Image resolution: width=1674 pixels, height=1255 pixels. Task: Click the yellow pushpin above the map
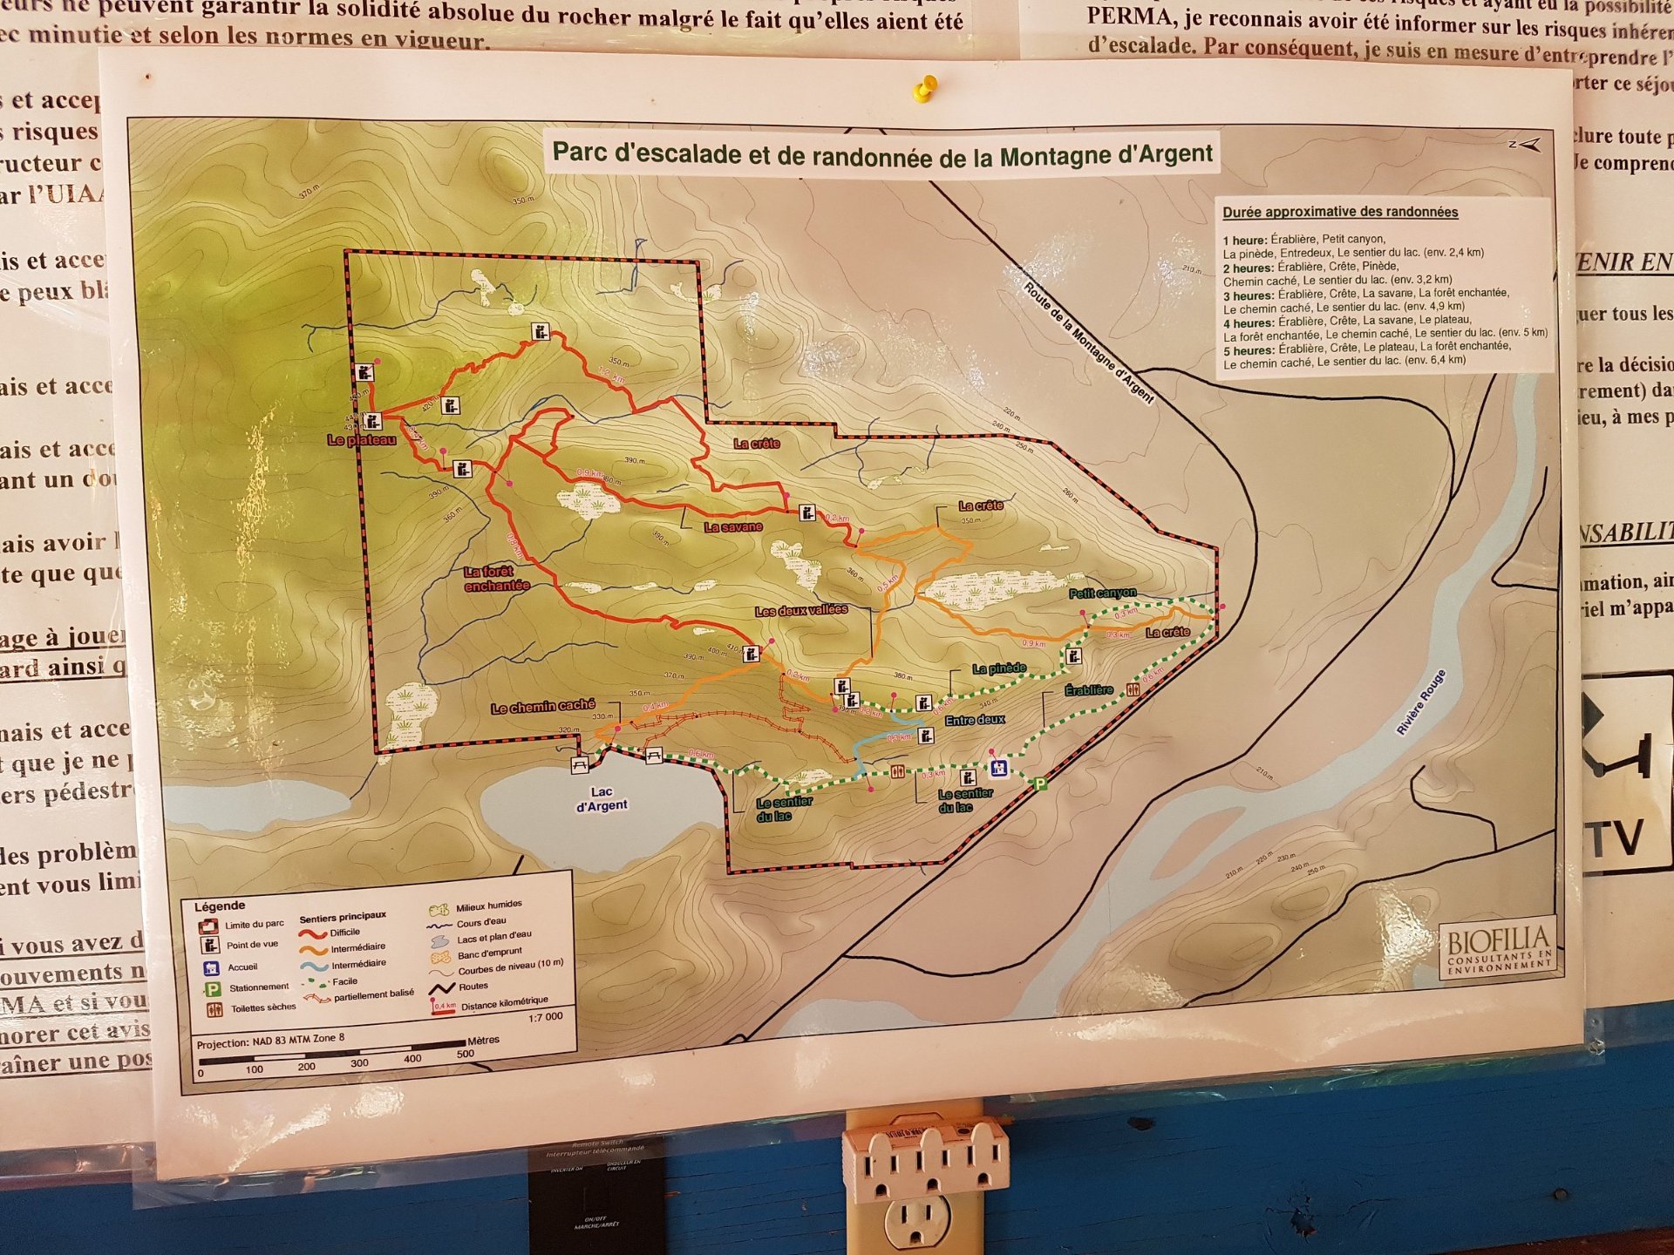pyautogui.click(x=925, y=88)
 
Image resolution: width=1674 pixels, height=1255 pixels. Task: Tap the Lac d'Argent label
pyautogui.click(x=602, y=799)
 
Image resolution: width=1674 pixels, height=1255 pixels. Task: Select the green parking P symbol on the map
pyautogui.click(x=1039, y=785)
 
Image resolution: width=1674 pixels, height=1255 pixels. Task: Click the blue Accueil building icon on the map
pyautogui.click(x=999, y=768)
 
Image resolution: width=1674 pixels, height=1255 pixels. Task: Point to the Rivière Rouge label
pyautogui.click(x=1420, y=702)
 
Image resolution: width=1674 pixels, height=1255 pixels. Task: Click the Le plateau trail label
pyautogui.click(x=361, y=441)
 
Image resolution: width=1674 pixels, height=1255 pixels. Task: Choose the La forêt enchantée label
pyautogui.click(x=496, y=579)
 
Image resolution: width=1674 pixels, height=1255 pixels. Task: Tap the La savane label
pyautogui.click(x=732, y=527)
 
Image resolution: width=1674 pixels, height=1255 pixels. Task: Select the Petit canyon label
pyautogui.click(x=1102, y=594)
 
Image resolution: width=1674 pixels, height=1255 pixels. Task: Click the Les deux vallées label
pyautogui.click(x=800, y=610)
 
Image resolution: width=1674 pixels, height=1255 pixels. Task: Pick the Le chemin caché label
pyautogui.click(x=542, y=707)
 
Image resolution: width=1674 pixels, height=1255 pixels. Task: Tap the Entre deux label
pyautogui.click(x=975, y=720)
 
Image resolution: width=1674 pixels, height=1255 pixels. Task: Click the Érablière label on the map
pyautogui.click(x=1088, y=690)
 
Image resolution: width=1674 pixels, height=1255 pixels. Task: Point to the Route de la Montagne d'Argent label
pyautogui.click(x=1088, y=343)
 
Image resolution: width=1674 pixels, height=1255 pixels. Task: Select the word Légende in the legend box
pyautogui.click(x=219, y=906)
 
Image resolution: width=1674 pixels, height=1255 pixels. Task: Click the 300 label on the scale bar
pyautogui.click(x=359, y=1063)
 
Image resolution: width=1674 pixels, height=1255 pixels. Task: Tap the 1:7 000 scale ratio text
pyautogui.click(x=545, y=1017)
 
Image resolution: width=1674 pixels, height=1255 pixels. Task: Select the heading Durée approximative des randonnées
pyautogui.click(x=1339, y=212)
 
